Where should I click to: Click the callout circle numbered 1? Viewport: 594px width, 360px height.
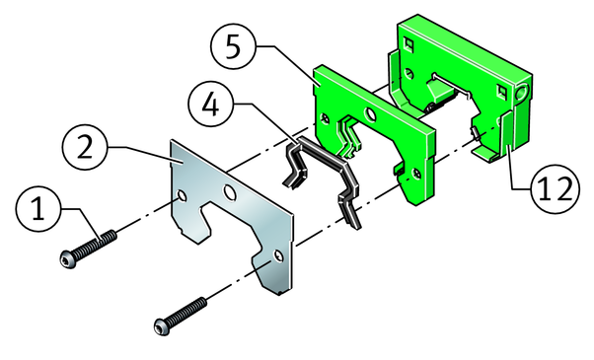(x=37, y=209)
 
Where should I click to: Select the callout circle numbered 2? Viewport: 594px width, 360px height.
(x=85, y=147)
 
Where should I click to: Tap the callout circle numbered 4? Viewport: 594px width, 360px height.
(x=210, y=105)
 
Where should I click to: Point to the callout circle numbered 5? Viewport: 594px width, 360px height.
(x=233, y=46)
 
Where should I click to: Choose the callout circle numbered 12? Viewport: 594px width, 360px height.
(x=556, y=188)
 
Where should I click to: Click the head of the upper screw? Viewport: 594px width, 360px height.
(x=68, y=259)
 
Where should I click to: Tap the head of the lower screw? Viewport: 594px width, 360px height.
(x=162, y=326)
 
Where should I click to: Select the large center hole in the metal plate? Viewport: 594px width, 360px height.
(x=230, y=192)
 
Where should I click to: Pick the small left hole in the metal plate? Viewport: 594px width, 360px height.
(x=183, y=196)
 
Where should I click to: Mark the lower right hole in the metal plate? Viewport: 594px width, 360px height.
(x=278, y=256)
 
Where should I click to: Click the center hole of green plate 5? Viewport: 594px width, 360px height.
(x=370, y=114)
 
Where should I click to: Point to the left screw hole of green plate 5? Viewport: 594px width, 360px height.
(x=325, y=118)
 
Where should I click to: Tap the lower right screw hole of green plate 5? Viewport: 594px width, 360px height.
(x=416, y=174)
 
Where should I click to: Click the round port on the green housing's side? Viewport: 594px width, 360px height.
(x=523, y=92)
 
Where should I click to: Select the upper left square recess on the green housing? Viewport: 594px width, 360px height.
(x=408, y=43)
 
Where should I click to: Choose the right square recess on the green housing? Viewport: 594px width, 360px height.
(x=502, y=91)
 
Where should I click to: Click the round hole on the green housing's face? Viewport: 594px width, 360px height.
(x=408, y=73)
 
